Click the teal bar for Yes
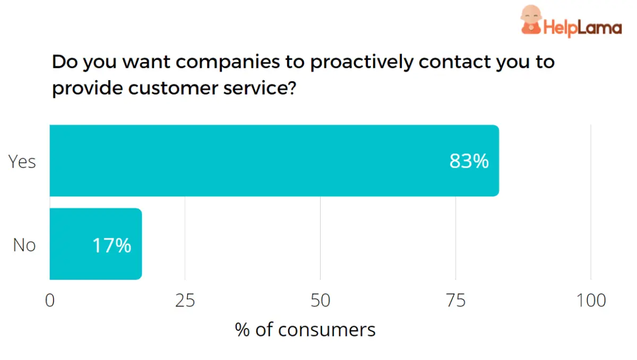point(274,160)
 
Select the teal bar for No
point(96,244)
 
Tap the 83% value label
point(469,161)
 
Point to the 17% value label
point(111,245)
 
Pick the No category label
point(24,245)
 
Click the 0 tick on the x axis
point(50,301)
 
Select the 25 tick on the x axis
point(185,301)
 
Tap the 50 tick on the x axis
point(320,301)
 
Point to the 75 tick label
point(455,301)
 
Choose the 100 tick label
point(590,301)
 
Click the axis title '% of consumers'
point(305,330)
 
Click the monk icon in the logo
point(530,20)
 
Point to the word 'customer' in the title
point(170,88)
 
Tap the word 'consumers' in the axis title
point(326,330)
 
